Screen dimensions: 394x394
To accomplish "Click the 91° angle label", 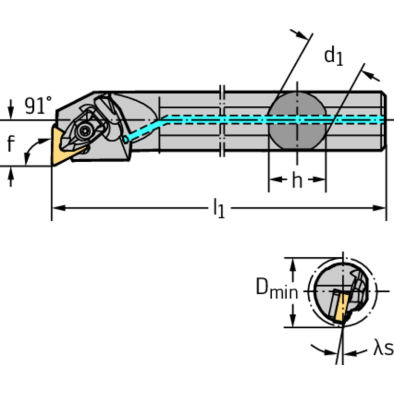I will pos(38,106).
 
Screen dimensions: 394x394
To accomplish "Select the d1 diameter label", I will pos(333,55).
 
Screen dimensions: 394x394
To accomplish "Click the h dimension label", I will pos(297,180).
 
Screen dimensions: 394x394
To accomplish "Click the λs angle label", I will pos(382,349).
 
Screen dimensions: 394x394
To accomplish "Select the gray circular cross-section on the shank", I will pos(297,120).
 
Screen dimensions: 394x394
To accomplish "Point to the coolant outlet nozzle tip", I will pos(126,139).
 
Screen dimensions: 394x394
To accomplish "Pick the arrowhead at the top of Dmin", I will pos(293,262).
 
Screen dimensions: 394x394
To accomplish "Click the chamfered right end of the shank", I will pos(383,120).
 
